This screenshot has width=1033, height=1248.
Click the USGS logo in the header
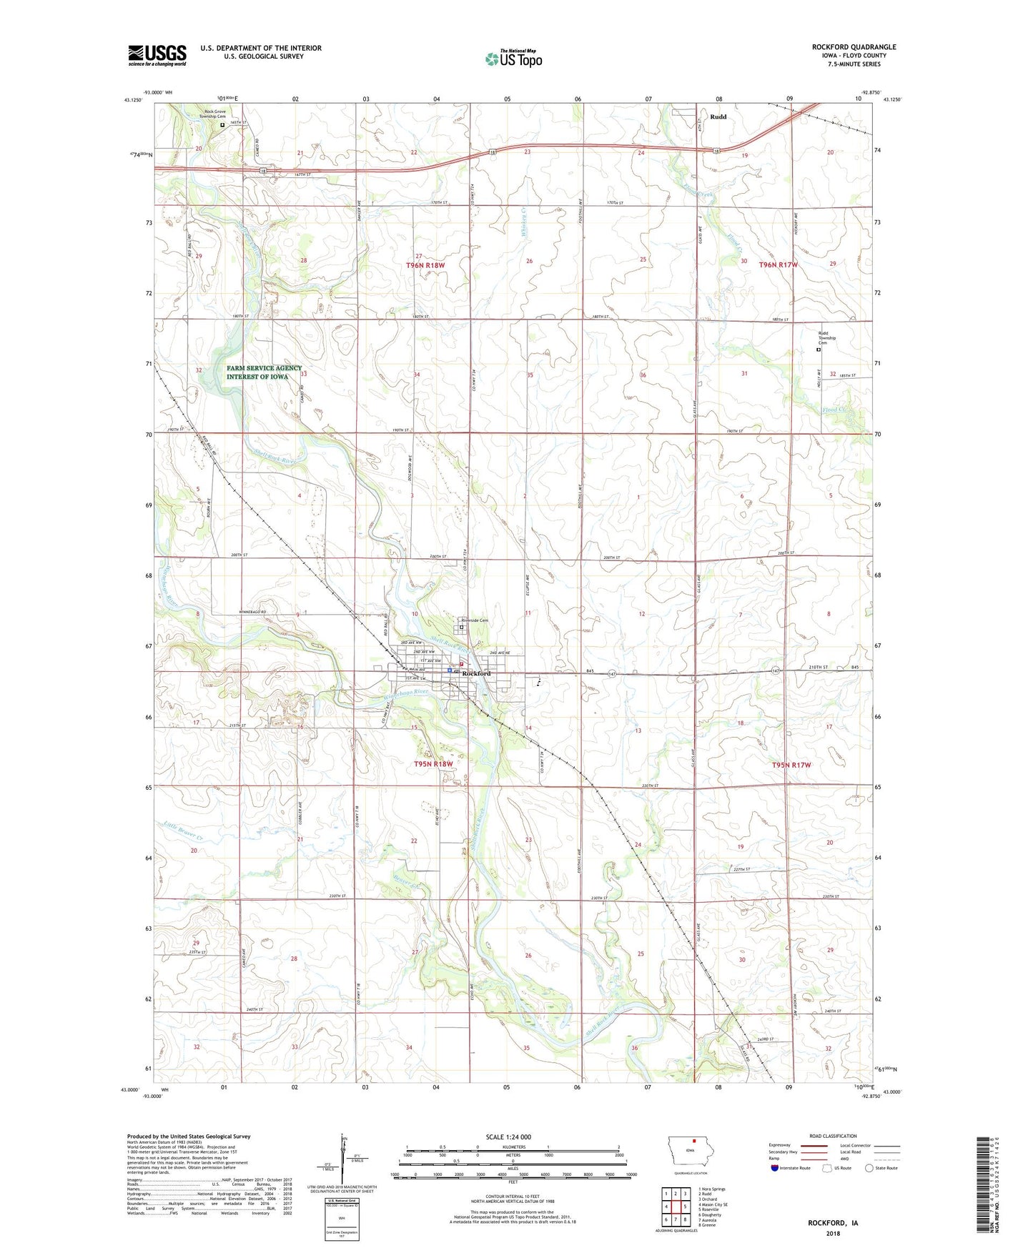[x=157, y=55]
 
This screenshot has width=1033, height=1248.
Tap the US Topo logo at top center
[x=513, y=59]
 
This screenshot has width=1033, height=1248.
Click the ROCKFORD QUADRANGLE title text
[x=854, y=47]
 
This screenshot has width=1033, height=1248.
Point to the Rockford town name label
[x=477, y=674]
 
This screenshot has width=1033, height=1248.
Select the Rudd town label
[x=718, y=117]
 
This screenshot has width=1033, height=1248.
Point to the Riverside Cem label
[x=475, y=620]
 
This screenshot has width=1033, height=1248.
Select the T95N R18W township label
[x=433, y=764]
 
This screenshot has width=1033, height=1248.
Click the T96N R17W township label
[x=779, y=264]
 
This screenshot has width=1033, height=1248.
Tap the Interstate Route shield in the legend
[x=776, y=1169]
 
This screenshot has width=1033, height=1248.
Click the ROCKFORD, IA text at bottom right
[x=833, y=1222]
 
